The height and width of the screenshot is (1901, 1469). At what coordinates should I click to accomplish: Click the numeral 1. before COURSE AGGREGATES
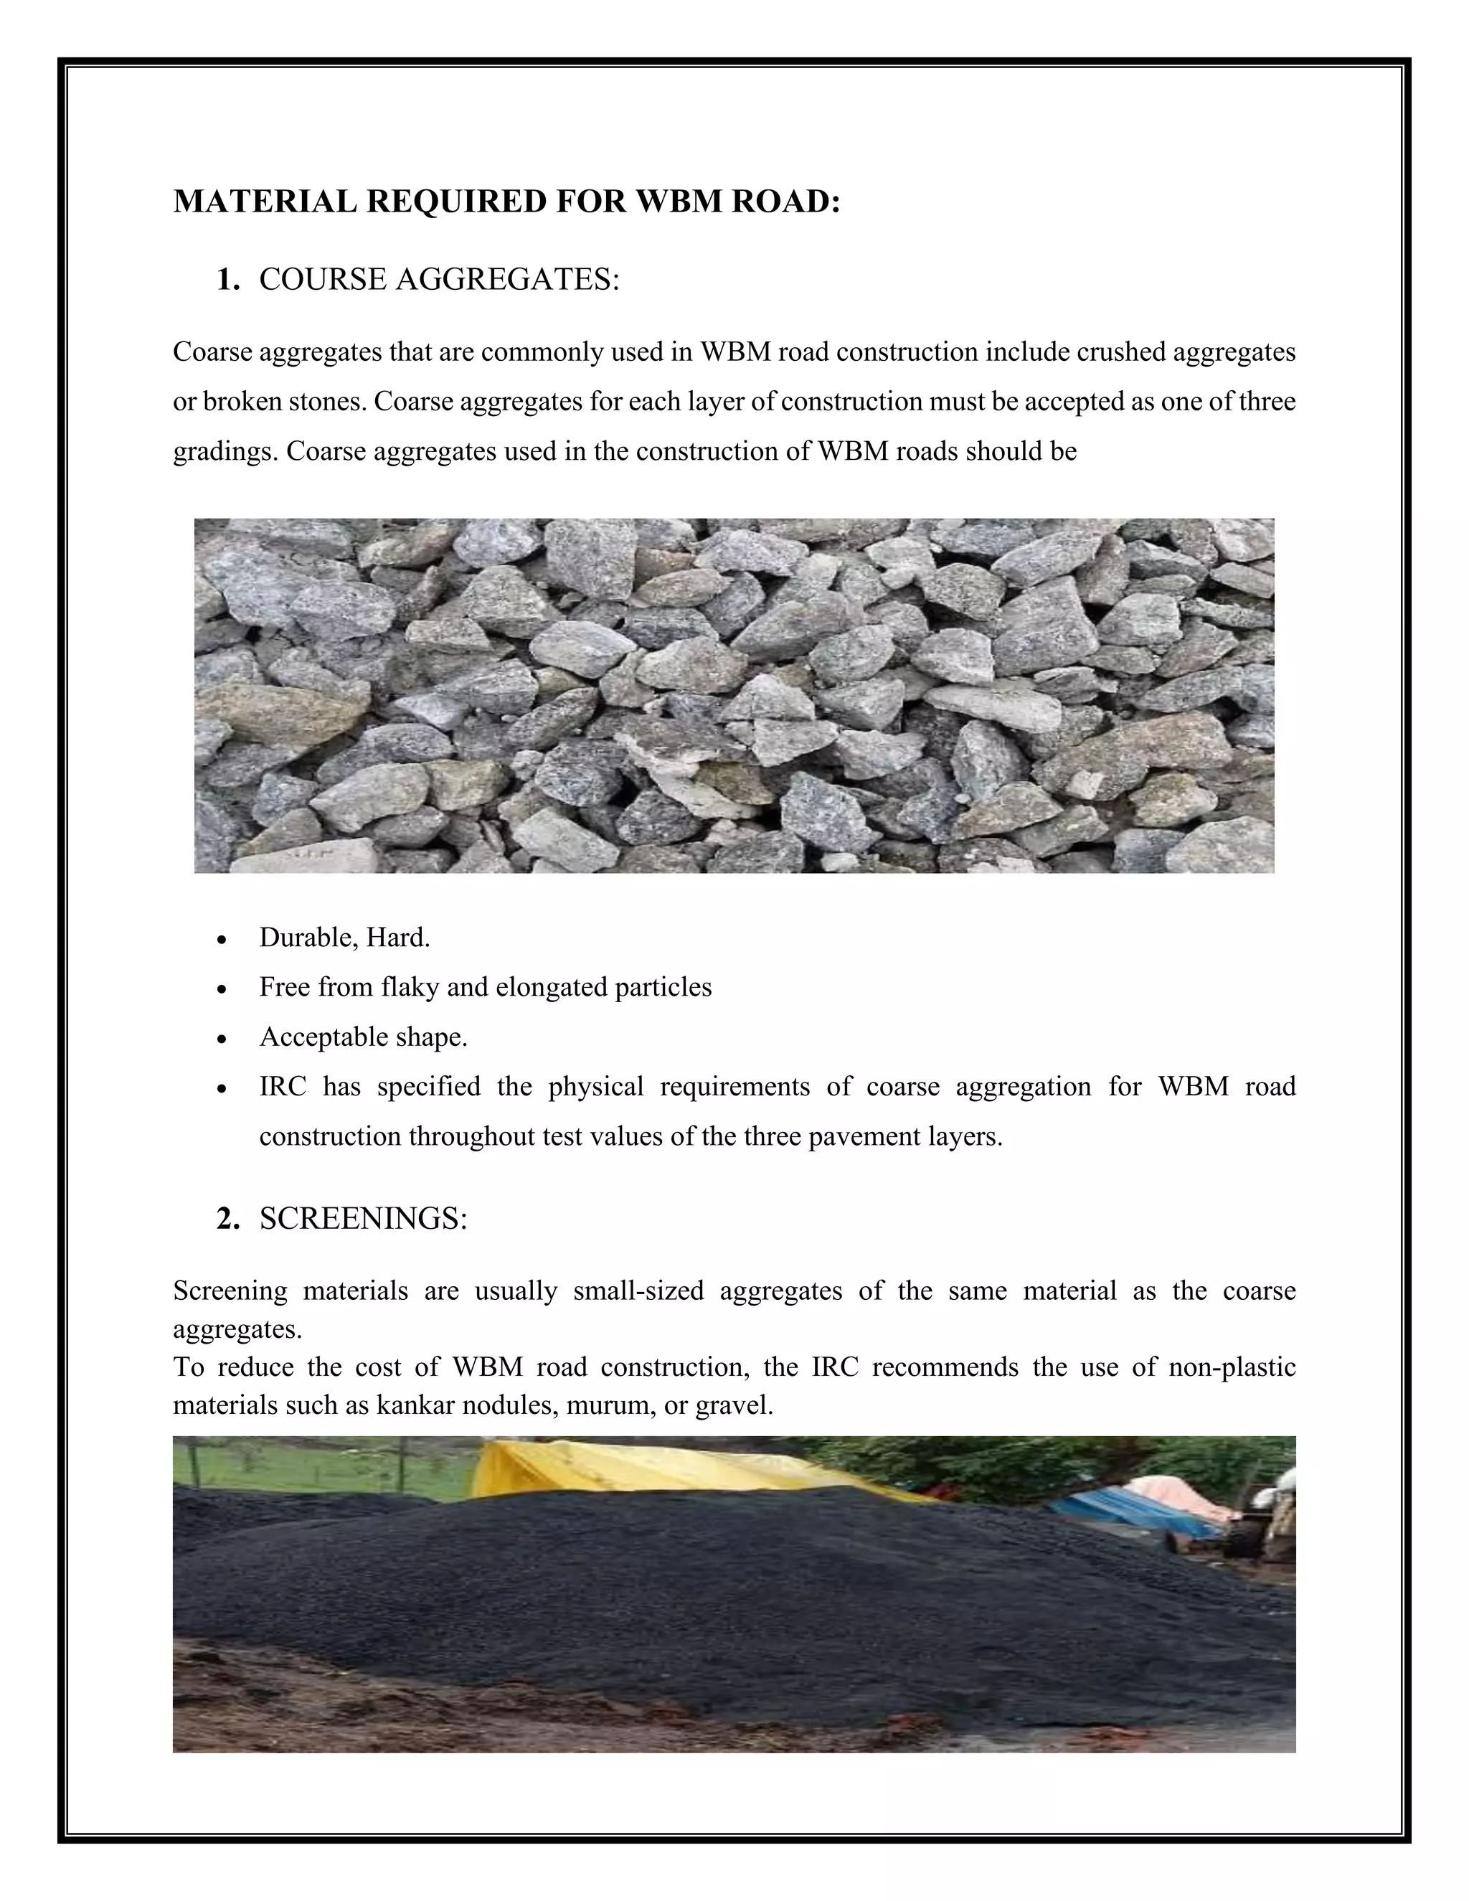pos(228,280)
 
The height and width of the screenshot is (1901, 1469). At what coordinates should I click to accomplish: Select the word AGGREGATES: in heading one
pos(507,280)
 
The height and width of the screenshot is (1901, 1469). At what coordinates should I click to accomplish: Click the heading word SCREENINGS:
pos(363,1219)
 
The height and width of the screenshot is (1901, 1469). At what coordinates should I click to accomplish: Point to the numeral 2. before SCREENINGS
pos(228,1219)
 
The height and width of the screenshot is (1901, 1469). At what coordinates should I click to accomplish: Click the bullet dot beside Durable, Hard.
pos(223,940)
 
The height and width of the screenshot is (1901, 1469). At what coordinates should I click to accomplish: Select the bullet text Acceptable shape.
pos(363,1037)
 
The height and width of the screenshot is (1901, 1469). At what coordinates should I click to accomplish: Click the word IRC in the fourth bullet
pos(283,1086)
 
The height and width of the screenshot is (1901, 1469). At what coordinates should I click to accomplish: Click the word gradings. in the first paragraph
pos(225,452)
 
